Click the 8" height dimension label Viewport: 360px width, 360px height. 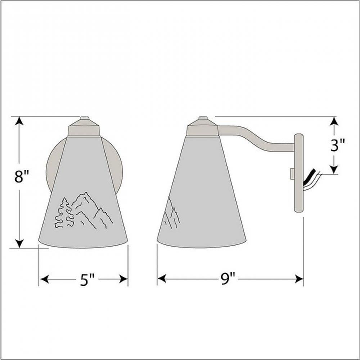[22, 176]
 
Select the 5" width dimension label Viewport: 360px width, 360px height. [87, 280]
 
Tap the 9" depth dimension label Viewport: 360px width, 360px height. [228, 279]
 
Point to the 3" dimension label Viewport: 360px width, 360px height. [338, 145]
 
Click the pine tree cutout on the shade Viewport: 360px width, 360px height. [64, 213]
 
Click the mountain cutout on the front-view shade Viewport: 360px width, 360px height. [92, 210]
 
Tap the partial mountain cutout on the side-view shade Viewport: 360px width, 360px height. [172, 213]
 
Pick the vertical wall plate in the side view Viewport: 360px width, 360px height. [299, 173]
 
